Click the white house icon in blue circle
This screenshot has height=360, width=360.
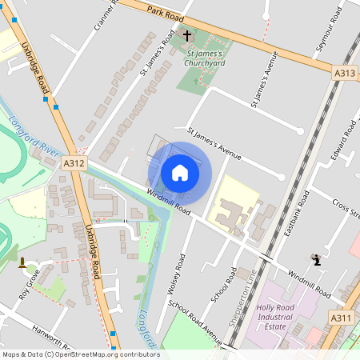pyautogui.click(x=179, y=173)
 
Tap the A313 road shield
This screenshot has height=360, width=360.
pyautogui.click(x=345, y=73)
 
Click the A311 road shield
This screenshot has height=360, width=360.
pyautogui.click(x=342, y=318)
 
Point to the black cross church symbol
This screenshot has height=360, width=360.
pyautogui.click(x=187, y=36)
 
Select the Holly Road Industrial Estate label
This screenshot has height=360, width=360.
pyautogui.click(x=281, y=312)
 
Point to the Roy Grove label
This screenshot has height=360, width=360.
pyautogui.click(x=30, y=285)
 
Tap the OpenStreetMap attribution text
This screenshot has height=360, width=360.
pyautogui.click(x=80, y=354)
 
